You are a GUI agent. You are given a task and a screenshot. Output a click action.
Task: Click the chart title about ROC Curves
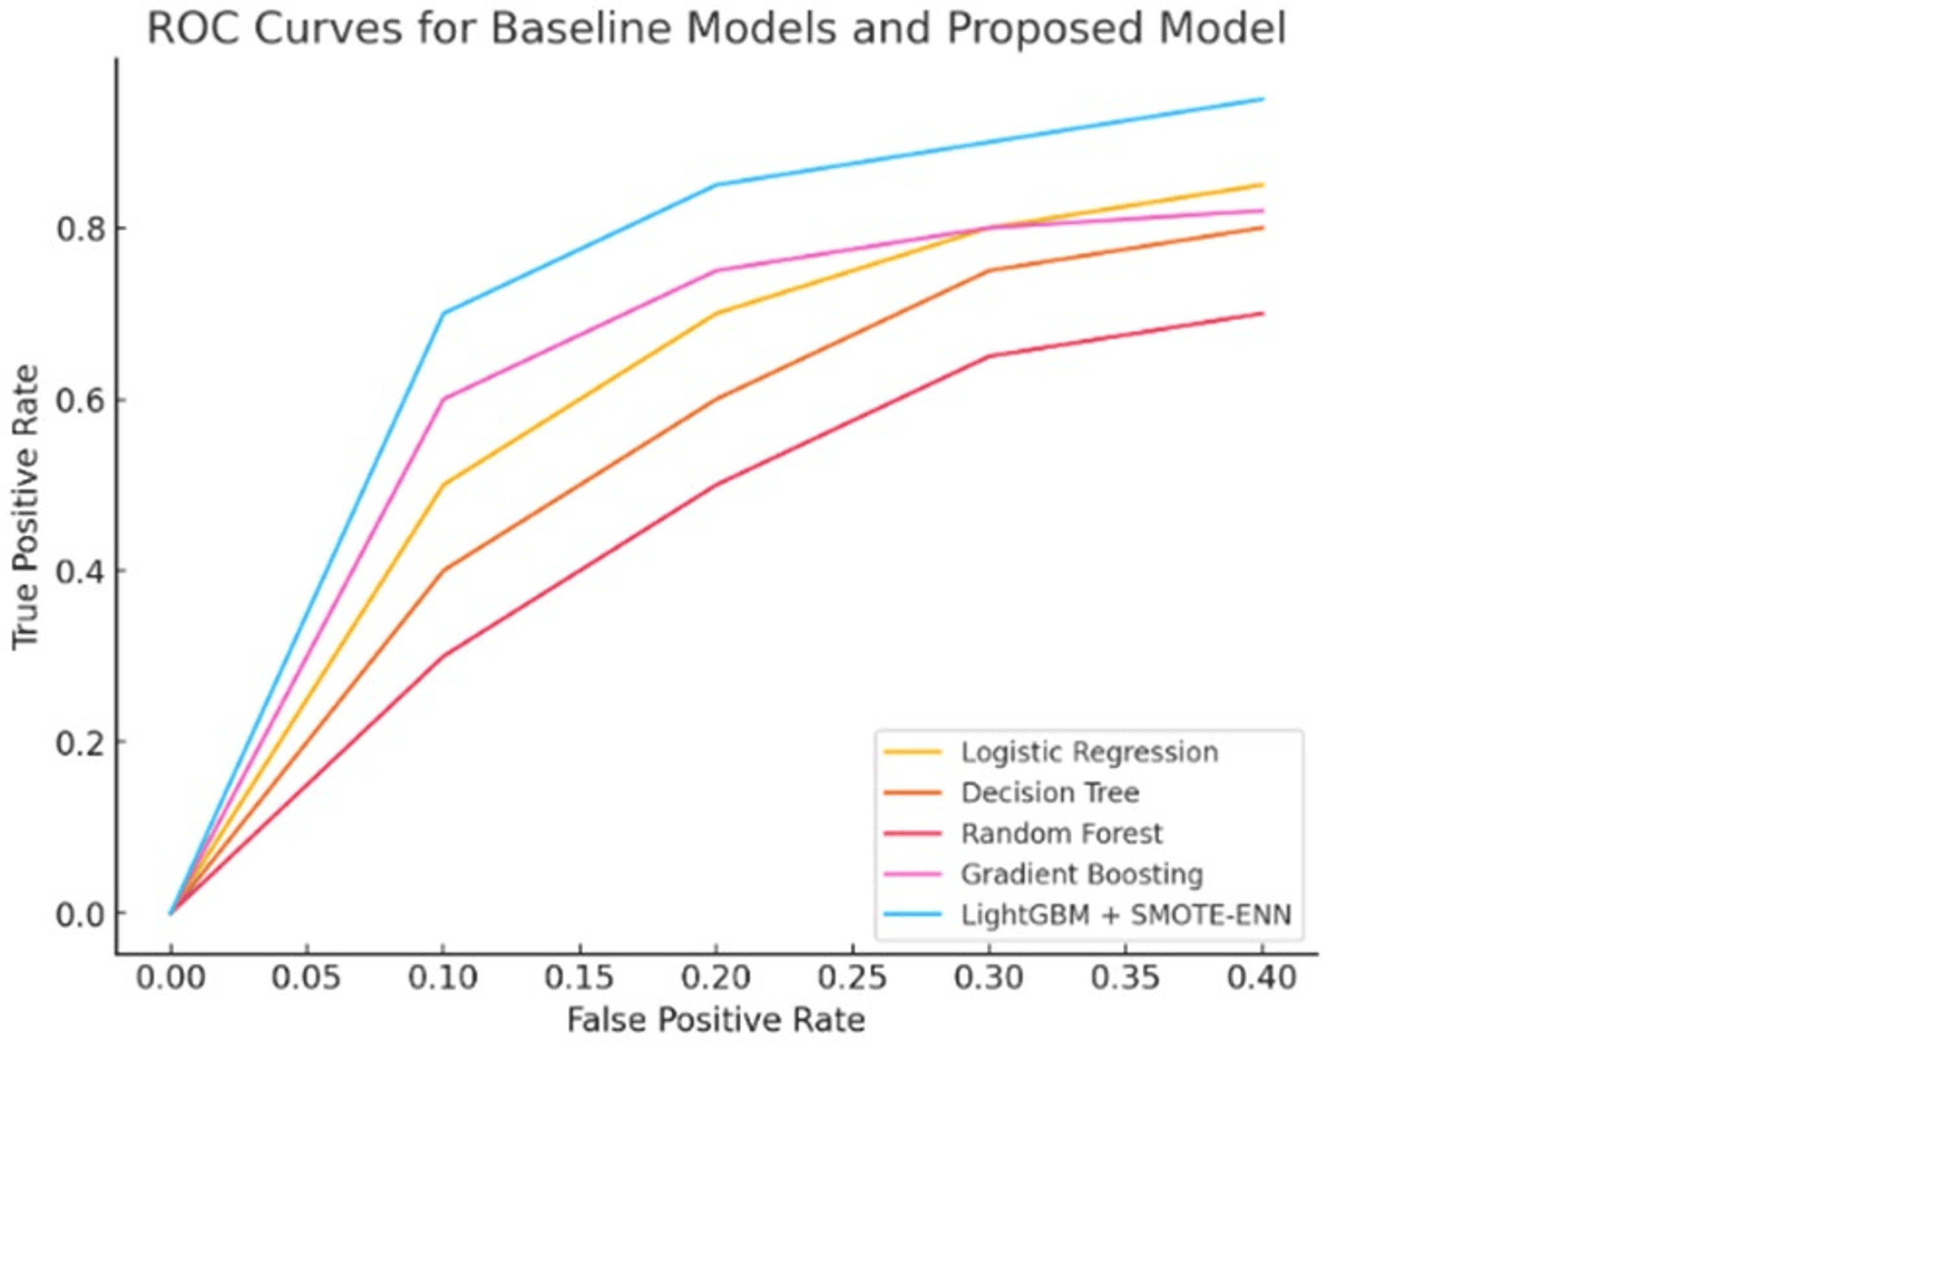[716, 29]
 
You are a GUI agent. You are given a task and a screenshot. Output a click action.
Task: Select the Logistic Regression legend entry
[1088, 752]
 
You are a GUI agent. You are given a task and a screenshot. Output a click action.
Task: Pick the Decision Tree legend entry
[1049, 792]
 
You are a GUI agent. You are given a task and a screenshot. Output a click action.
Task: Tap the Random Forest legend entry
[1060, 833]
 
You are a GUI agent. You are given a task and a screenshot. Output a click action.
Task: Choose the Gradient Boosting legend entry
[1081, 874]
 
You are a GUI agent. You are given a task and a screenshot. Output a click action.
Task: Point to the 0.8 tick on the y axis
[81, 229]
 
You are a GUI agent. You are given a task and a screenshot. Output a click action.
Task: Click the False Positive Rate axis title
[716, 1021]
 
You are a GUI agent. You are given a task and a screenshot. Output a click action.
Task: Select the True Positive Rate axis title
[26, 508]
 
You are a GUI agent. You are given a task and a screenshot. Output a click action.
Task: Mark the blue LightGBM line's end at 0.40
[1262, 99]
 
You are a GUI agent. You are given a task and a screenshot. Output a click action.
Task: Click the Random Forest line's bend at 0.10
[443, 656]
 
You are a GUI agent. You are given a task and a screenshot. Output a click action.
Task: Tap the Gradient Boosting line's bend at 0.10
[443, 399]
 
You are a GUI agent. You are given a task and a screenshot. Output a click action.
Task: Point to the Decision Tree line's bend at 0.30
[989, 271]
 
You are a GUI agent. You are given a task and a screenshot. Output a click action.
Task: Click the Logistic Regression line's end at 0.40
[1262, 185]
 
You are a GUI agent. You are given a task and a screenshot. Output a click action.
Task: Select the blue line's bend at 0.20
[716, 185]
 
